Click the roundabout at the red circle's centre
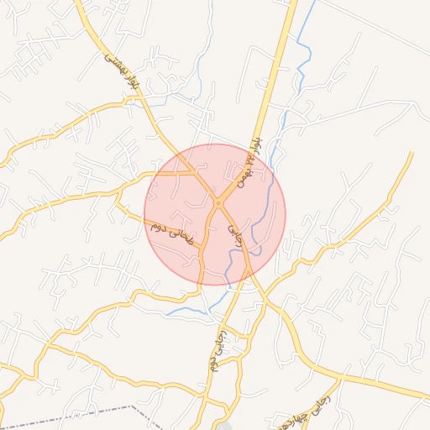pos(218,202)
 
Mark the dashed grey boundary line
pos(84,413)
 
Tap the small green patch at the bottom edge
pos(223,427)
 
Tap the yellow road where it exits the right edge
pos(427,387)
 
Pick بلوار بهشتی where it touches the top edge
pos(79,3)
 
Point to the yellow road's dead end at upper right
pos(412,153)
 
